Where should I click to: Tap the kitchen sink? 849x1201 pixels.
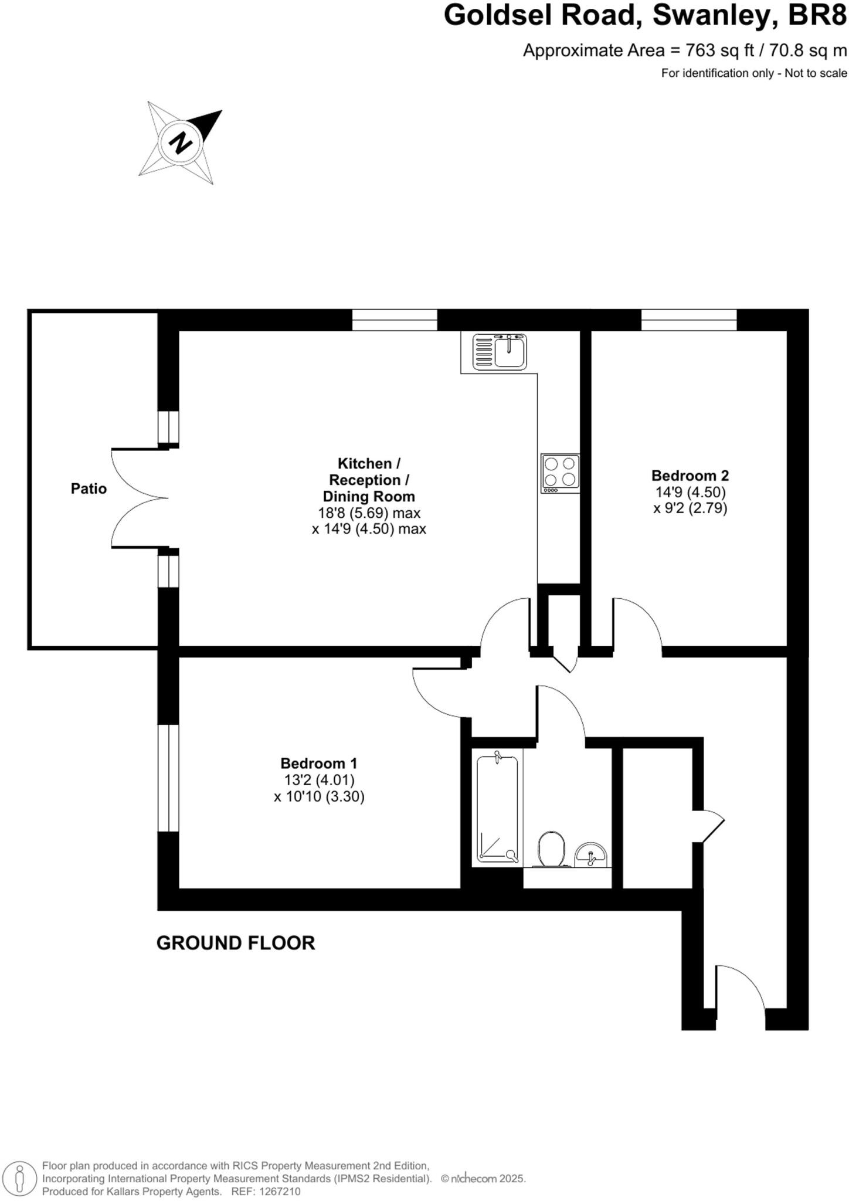[x=500, y=352]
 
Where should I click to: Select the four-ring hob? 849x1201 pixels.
[x=560, y=473]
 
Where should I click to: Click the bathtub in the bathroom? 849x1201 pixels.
[x=497, y=809]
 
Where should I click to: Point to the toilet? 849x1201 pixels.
[x=551, y=849]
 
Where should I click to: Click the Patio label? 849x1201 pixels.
[x=89, y=488]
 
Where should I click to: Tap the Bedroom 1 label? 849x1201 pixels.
[x=318, y=764]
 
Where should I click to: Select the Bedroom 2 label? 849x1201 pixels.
[x=690, y=476]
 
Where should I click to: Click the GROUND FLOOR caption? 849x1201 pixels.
[x=236, y=943]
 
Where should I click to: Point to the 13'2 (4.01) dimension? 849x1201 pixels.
[x=319, y=780]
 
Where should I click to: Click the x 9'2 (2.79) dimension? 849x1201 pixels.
[x=690, y=508]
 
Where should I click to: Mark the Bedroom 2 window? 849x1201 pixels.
[x=689, y=320]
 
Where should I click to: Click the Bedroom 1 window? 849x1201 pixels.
[x=168, y=778]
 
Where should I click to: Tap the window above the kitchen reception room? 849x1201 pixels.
[x=395, y=320]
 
